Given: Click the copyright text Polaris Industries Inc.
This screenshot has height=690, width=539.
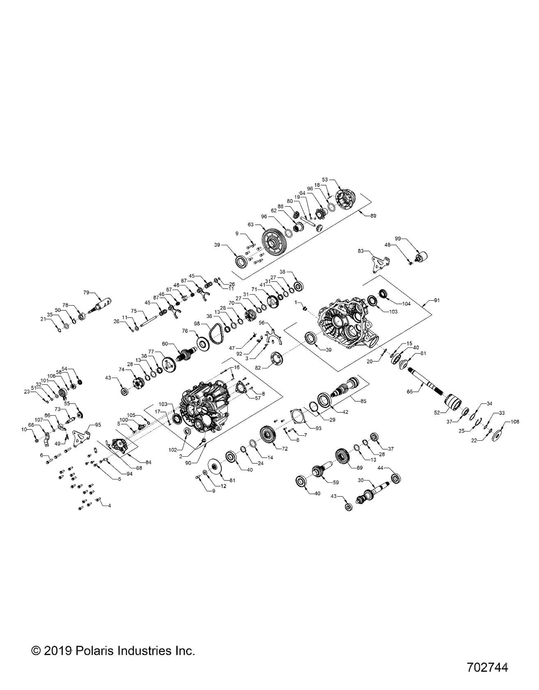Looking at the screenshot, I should click(113, 651).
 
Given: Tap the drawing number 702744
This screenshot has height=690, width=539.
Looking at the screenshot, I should click(487, 667).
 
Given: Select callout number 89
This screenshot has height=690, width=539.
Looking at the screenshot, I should click(373, 215).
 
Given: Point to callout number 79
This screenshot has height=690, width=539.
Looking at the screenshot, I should click(86, 292).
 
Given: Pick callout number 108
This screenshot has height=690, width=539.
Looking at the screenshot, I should click(515, 422).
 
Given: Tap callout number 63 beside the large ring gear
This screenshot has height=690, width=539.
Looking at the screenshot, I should click(251, 225).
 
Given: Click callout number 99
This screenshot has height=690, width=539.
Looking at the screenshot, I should click(397, 238).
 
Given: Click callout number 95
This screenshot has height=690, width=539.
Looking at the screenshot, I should click(97, 424).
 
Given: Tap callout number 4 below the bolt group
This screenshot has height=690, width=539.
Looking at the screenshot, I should click(109, 505).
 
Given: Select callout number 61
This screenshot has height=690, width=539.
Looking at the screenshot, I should click(232, 480).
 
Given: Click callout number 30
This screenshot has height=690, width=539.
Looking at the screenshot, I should click(361, 481).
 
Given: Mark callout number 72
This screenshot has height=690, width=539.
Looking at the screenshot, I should click(285, 448).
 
